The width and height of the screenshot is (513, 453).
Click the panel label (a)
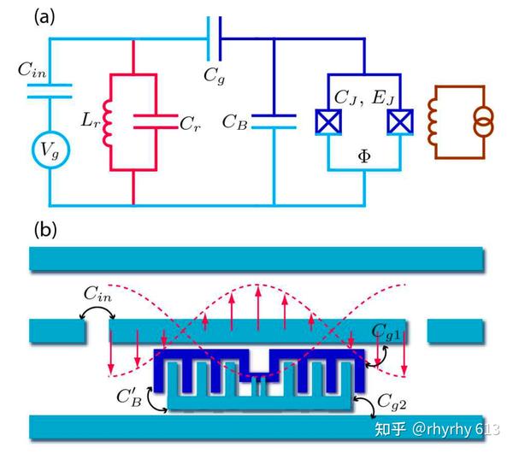44,18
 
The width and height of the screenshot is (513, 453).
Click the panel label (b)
44,230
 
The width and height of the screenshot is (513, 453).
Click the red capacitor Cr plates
154,121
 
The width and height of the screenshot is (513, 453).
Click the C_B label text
235,121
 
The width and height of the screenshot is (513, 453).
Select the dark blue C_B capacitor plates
274,121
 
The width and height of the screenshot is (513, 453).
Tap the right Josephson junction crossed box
399,121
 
